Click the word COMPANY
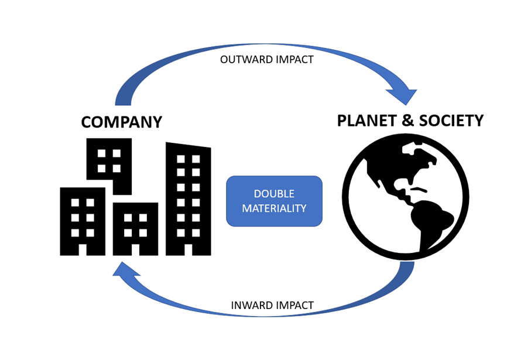pos(121,122)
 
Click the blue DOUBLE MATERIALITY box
pos(274,201)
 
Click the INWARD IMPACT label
pos(272,305)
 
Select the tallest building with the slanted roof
pos(188,199)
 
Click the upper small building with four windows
pos(109,160)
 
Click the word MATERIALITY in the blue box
pos(274,208)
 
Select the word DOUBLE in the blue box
pos(274,194)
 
